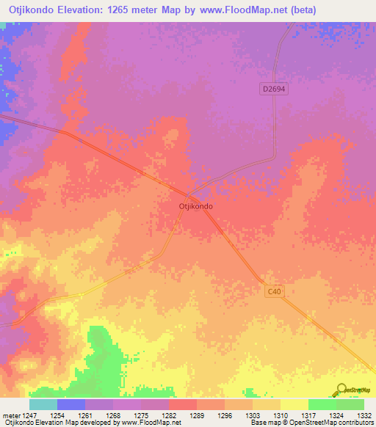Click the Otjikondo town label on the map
pyautogui.click(x=196, y=207)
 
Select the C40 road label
pyautogui.click(x=273, y=291)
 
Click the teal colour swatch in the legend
pyautogui.click(x=43, y=404)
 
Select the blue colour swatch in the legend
pyautogui.click(x=70, y=404)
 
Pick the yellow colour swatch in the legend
pyautogui.click(x=294, y=404)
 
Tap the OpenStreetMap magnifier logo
pyautogui.click(x=341, y=389)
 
